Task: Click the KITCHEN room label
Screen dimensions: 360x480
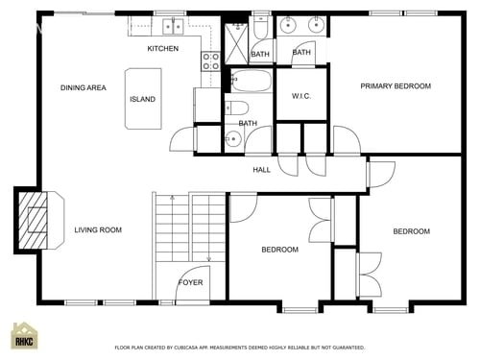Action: pyautogui.click(x=162, y=49)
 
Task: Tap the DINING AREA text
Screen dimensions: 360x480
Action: pyautogui.click(x=83, y=88)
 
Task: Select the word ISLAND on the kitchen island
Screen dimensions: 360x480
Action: pyautogui.click(x=142, y=99)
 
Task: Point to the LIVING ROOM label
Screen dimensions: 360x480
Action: pyautogui.click(x=98, y=229)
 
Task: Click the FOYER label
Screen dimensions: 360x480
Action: pyautogui.click(x=190, y=282)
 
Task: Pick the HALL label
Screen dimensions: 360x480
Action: pyautogui.click(x=261, y=170)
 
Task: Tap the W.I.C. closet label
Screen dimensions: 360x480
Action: pyautogui.click(x=300, y=97)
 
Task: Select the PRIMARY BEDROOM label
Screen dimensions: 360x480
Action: pyautogui.click(x=396, y=86)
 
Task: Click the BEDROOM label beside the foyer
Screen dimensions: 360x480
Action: pyautogui.click(x=279, y=250)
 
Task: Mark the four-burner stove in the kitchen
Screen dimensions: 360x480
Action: pyautogui.click(x=210, y=62)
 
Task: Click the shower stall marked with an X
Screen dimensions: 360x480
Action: pyautogui.click(x=236, y=43)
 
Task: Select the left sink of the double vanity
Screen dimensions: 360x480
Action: pyautogui.click(x=289, y=26)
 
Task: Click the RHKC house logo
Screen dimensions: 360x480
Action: pyautogui.click(x=25, y=337)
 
